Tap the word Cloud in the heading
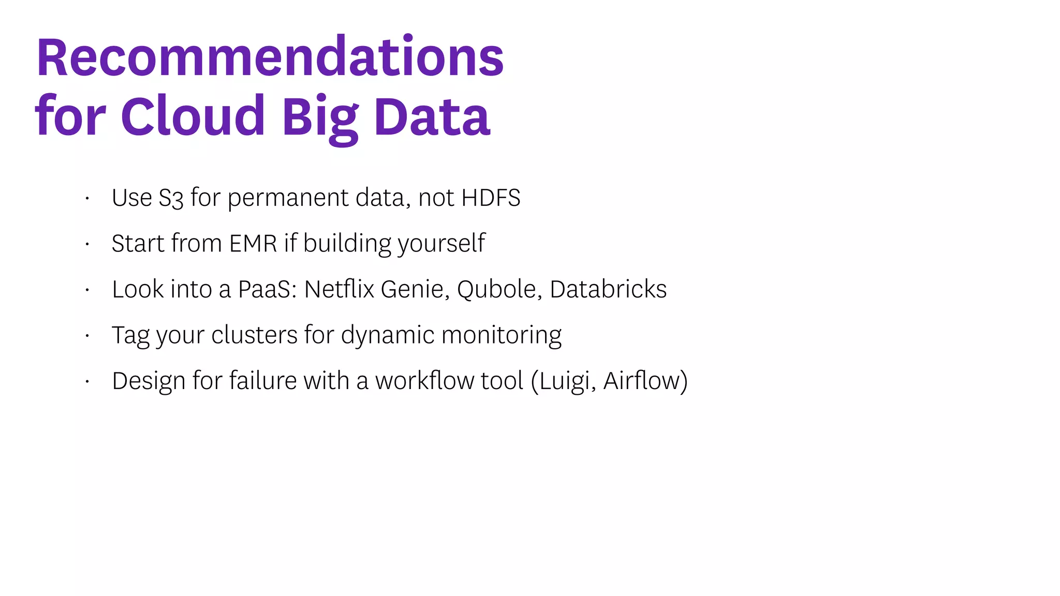(193, 116)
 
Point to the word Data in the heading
(432, 116)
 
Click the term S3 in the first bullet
(171, 198)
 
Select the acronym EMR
(253, 243)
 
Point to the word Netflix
(339, 289)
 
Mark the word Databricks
(608, 289)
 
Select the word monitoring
(502, 335)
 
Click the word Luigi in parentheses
(565, 381)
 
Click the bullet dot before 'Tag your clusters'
(87, 336)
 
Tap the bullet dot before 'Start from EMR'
(87, 244)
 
